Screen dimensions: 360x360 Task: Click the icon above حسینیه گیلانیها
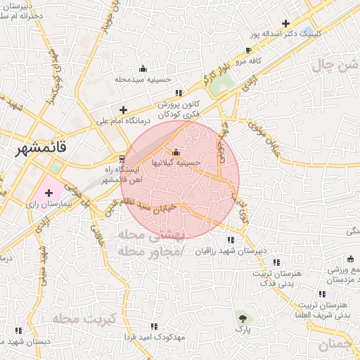coord(176,153)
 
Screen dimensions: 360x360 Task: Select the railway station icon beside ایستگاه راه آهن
coord(123,158)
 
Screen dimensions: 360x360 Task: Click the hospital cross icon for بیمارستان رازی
coord(49,193)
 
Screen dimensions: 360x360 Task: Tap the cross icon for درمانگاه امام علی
coord(124,110)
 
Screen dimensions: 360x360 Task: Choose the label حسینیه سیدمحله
coord(143,79)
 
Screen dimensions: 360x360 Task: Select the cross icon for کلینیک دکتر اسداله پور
coord(285,23)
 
